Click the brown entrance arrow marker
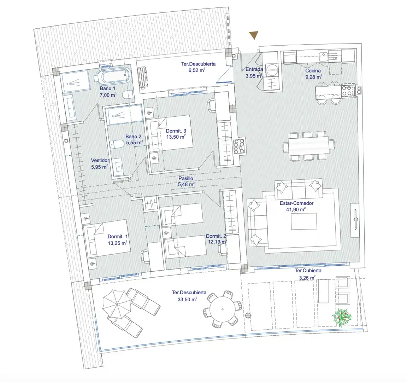point(254,35)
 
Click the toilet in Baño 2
point(117,144)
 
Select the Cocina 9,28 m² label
point(313,74)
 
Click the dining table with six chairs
point(308,146)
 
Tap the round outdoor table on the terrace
point(223,309)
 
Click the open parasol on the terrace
point(117,304)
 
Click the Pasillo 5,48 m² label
point(186,181)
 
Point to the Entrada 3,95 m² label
point(254,73)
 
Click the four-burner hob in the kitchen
point(348,91)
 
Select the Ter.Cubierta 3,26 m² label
point(308,274)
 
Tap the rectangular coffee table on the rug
point(304,221)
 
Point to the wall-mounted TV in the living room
point(355,220)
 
